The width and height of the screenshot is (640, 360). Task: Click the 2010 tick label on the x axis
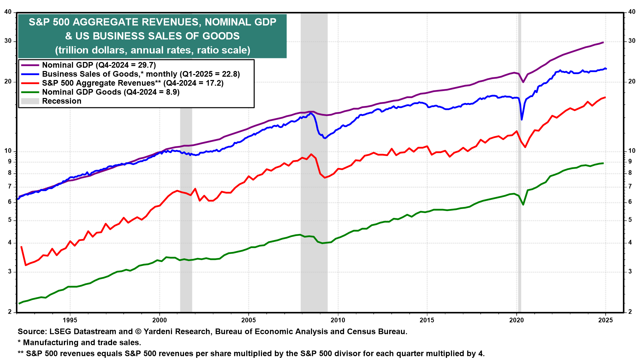click(338, 320)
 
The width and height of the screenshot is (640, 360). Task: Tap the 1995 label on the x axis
click(70, 320)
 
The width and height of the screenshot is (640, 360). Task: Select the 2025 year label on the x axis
click(605, 320)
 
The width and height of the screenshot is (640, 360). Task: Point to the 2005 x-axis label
click(248, 320)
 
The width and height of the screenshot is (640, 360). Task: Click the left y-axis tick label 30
click(8, 41)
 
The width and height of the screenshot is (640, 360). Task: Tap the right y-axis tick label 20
click(632, 82)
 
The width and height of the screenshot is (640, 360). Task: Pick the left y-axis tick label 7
click(10, 187)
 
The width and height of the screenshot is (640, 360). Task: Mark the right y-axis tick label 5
click(630, 220)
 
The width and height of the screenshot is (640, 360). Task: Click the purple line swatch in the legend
click(30, 65)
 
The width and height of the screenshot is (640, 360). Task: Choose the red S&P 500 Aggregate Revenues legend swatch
click(30, 83)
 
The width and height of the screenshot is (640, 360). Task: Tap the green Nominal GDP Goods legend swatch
click(30, 92)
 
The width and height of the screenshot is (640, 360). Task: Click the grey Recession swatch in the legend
click(30, 101)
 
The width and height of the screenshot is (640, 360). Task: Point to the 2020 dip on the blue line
click(522, 119)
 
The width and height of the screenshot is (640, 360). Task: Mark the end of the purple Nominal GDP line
click(603, 42)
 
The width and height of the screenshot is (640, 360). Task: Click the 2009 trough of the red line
click(324, 178)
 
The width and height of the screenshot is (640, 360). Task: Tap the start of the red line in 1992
click(21, 247)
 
